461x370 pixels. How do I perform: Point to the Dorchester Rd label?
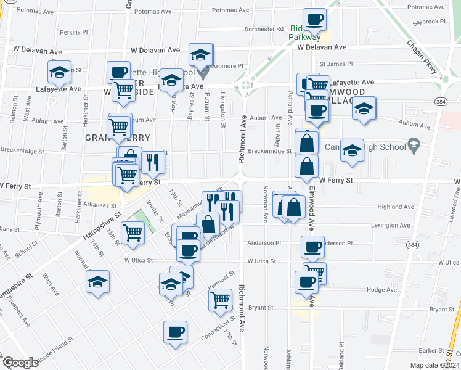(263, 29)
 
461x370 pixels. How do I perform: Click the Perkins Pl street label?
(75, 32)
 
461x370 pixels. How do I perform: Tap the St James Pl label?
(336, 64)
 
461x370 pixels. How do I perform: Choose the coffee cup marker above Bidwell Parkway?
(314, 19)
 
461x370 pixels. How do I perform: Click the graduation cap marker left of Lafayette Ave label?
(59, 73)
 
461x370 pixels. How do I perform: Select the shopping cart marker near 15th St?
(133, 232)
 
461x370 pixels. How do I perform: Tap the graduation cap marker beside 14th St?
(97, 281)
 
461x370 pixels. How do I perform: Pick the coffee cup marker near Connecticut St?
(175, 332)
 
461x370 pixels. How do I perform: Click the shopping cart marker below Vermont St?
(220, 300)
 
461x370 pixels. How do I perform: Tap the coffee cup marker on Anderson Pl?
(312, 247)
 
